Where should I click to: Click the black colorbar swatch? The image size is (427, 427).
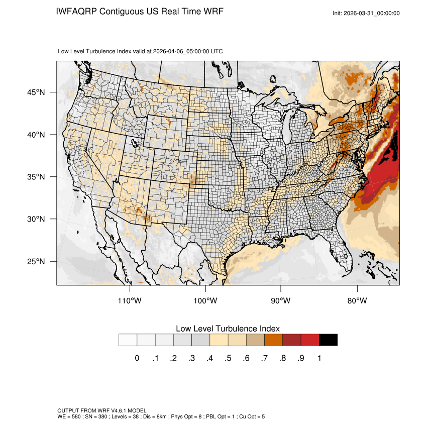click(328, 340)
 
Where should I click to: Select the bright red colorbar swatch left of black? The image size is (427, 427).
click(310, 340)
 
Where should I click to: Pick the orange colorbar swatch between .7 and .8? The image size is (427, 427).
click(274, 340)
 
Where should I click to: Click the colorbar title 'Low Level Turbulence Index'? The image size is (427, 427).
click(228, 329)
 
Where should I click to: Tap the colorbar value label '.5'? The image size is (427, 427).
click(228, 358)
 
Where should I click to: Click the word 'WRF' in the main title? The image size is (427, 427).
click(212, 11)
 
